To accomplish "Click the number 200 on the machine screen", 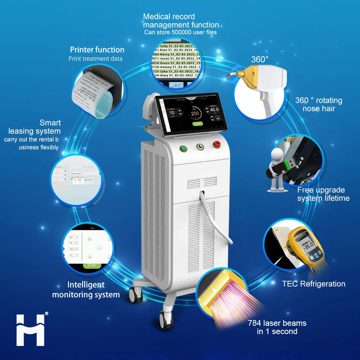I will [x=195, y=113].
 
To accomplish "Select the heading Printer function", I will [x=97, y=50].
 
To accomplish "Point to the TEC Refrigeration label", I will [x=314, y=284].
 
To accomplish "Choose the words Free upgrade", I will [x=321, y=190].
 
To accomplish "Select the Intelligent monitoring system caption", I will [x=86, y=289].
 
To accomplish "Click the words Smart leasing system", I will [x=40, y=127].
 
